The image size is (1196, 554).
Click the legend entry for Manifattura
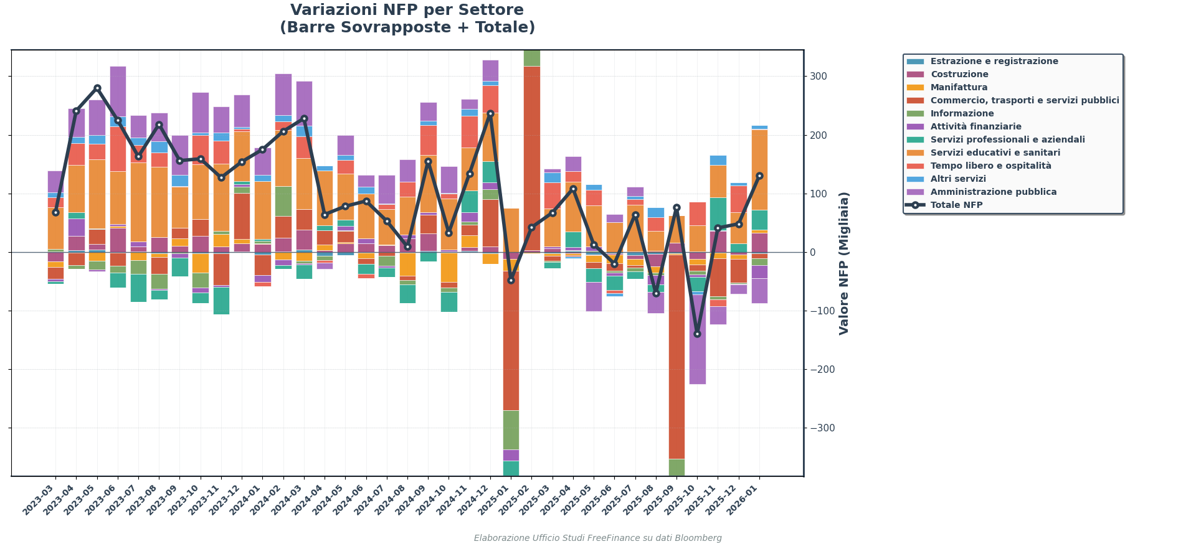pyautogui.click(x=959, y=88)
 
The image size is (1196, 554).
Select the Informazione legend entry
pyautogui.click(x=962, y=114)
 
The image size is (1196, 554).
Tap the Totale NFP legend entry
pyautogui.click(x=956, y=205)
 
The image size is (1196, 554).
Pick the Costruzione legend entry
pyautogui.click(x=959, y=75)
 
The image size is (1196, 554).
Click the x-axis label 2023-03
pyautogui.click(x=40, y=499)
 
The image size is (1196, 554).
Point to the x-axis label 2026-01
pyautogui.click(x=744, y=499)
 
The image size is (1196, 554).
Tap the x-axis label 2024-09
pyautogui.click(x=413, y=499)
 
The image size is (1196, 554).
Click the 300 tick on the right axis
pyautogui.click(x=819, y=77)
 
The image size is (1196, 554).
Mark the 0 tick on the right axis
pyautogui.click(x=813, y=253)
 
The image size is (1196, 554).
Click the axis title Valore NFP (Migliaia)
pyautogui.click(x=844, y=263)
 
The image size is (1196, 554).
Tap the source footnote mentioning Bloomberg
pyautogui.click(x=597, y=538)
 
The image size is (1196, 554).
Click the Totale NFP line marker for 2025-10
pyautogui.click(x=697, y=334)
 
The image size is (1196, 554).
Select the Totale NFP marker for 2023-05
pyautogui.click(x=97, y=88)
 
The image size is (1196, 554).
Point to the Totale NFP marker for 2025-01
pyautogui.click(x=511, y=280)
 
